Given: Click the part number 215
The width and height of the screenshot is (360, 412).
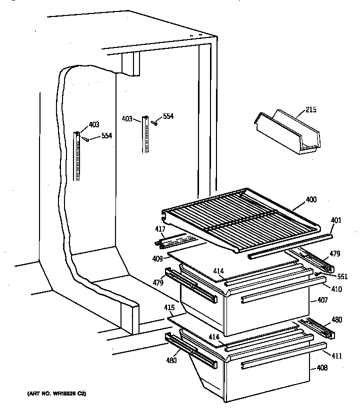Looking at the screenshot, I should pyautogui.click(x=310, y=110).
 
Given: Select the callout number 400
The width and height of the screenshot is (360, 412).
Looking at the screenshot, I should pyautogui.click(x=311, y=199).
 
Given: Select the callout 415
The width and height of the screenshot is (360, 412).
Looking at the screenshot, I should pyautogui.click(x=170, y=309).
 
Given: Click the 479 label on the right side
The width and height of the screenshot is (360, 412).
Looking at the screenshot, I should pyautogui.click(x=334, y=254).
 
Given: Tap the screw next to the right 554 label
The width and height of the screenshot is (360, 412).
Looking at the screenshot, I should pyautogui.click(x=155, y=122).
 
